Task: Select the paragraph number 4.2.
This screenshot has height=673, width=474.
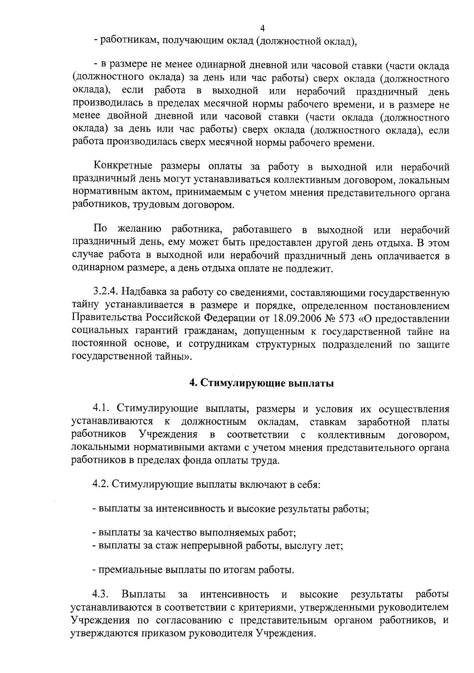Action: [101, 484]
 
